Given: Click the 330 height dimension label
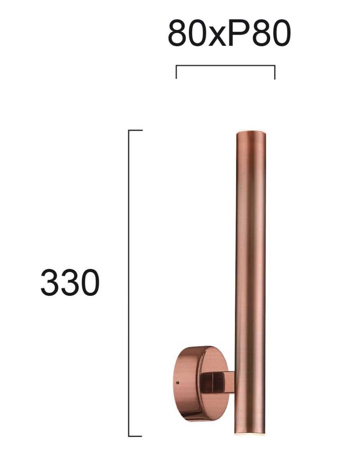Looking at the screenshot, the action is click(70, 282).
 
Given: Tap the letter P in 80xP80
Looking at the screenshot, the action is click(239, 33).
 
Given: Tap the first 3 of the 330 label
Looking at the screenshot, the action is click(50, 282).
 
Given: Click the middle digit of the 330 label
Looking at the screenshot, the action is click(70, 282).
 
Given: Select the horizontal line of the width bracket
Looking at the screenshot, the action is click(225, 65).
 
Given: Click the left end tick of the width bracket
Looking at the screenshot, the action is click(176, 72).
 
